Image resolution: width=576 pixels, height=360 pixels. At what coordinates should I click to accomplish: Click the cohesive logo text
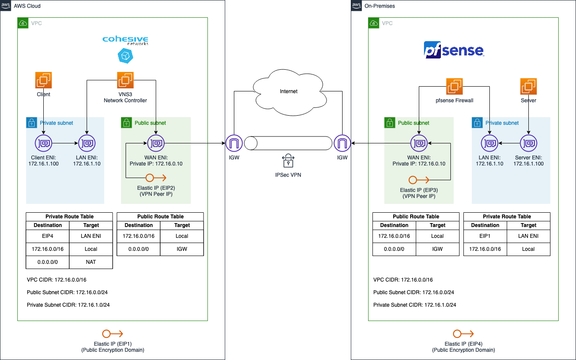point(125,39)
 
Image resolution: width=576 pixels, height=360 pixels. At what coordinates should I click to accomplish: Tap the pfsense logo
point(453,50)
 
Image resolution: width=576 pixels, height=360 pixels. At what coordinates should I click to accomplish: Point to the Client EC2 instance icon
point(43,80)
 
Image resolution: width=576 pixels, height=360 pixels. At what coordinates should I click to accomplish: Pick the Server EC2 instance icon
point(528,86)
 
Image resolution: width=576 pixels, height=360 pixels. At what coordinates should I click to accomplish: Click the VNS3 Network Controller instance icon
point(125,80)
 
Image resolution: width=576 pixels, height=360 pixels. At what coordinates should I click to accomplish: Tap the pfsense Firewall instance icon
point(454,86)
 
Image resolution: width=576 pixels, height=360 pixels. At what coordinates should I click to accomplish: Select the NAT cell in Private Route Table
point(91,262)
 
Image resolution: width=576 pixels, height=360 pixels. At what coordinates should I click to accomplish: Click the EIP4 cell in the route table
point(48,236)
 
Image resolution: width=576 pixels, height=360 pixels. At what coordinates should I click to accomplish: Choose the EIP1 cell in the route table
point(485,236)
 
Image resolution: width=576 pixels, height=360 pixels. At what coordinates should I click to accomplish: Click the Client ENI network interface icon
point(43,143)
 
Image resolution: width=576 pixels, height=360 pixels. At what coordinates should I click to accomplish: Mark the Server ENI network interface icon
point(528,143)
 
